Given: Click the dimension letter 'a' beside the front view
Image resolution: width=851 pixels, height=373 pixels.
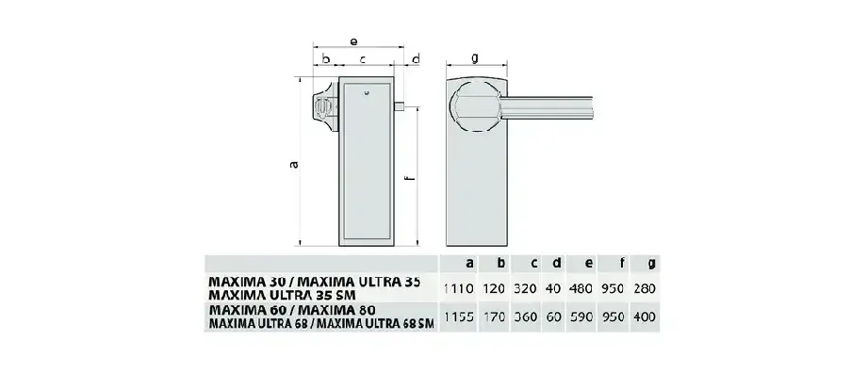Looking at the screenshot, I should point(293,165).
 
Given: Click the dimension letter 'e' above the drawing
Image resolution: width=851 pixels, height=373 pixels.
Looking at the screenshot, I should point(352,41).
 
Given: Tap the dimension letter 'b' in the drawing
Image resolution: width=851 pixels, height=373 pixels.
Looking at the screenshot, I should point(325,59).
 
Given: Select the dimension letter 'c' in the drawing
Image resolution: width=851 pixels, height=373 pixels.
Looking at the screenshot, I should point(362,59).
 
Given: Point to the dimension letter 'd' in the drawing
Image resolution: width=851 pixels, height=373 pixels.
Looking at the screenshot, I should point(417,59).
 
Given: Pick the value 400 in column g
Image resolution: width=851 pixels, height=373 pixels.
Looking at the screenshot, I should point(644,317).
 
